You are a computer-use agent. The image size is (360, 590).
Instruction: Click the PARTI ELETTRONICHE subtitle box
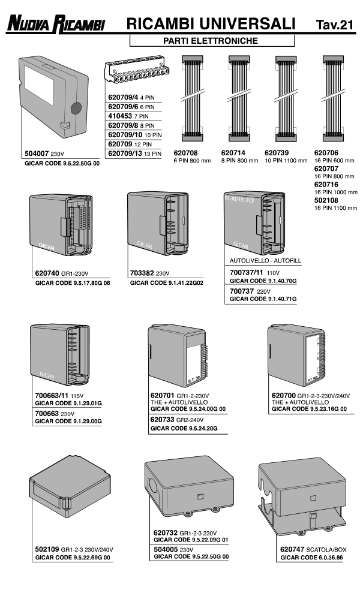pos(212,41)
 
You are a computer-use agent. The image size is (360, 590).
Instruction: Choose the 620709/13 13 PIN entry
pos(136,154)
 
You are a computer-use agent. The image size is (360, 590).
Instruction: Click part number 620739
pos(277,153)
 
